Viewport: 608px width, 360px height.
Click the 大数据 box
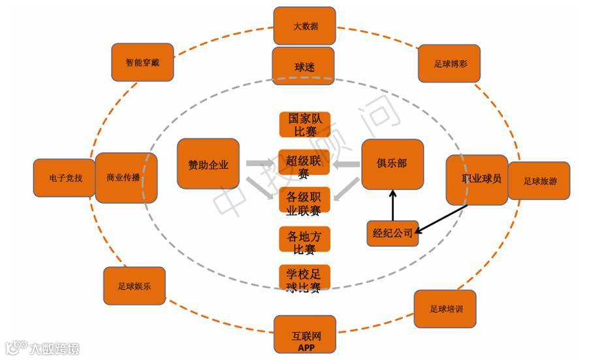(x=304, y=26)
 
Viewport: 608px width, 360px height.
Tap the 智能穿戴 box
(x=142, y=63)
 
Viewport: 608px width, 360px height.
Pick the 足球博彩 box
(x=449, y=63)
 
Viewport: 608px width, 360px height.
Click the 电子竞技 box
(x=65, y=178)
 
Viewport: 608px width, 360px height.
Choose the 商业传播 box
(x=126, y=178)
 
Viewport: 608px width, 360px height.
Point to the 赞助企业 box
(x=208, y=164)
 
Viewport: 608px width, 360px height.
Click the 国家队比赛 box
(x=305, y=125)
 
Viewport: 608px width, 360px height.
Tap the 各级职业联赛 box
(x=304, y=202)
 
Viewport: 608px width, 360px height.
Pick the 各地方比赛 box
(x=304, y=240)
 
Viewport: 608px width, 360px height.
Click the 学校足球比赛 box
(x=304, y=278)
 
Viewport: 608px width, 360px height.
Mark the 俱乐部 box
(x=392, y=164)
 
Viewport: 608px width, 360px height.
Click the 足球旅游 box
(x=539, y=181)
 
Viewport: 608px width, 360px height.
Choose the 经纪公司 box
(x=392, y=233)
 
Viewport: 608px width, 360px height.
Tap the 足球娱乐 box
(x=134, y=286)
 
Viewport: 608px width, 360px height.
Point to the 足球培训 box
(x=445, y=309)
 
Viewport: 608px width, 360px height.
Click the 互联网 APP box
(x=304, y=335)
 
